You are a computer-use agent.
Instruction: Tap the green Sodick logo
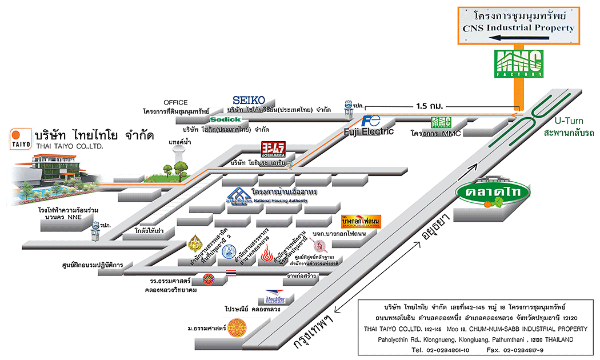coord(225,119)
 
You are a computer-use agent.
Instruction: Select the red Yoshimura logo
coord(273,150)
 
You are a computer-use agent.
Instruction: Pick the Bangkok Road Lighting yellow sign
coord(361,221)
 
